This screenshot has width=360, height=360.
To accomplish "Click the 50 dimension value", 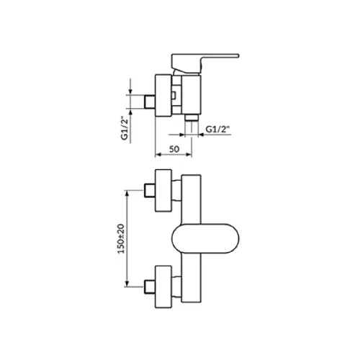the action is tap(174, 149).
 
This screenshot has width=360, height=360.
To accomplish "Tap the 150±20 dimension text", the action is tap(122, 238).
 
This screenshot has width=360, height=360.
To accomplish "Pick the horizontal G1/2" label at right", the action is tap(218, 130).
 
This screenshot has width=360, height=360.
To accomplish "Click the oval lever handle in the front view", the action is tap(205, 238).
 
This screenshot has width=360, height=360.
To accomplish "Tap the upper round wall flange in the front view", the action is tap(163, 191).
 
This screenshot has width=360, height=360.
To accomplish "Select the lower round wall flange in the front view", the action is tap(163, 287).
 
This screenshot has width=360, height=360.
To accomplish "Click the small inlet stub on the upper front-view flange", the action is tap(150, 191).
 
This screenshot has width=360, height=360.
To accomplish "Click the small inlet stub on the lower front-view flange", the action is tap(150, 287).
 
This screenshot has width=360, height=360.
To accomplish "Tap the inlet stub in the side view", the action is tap(150, 102).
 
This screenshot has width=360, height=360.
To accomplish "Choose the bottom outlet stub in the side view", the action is tap(192, 117).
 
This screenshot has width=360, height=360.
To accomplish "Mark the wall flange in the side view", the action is tap(163, 96).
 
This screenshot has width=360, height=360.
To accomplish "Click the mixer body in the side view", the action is tap(191, 95).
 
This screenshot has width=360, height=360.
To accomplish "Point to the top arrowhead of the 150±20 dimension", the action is tap(127, 194).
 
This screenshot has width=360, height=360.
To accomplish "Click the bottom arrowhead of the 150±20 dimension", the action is tap(127, 284).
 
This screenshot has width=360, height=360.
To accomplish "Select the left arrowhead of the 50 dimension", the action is tap(158, 155).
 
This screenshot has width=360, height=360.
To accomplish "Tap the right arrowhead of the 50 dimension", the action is tap(189, 155).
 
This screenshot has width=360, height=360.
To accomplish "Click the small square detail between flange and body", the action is tap(174, 95).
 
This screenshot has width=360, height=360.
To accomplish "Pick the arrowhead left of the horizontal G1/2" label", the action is tap(182, 135).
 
